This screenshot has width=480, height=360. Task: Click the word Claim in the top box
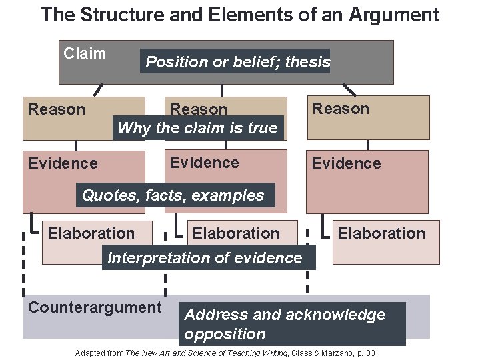pos(84,53)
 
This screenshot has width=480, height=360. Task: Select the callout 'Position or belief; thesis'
pos(238,62)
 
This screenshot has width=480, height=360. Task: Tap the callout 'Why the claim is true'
pos(197,127)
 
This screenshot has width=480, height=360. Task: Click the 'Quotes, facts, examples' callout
pos(173,195)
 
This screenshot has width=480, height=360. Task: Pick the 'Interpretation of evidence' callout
pos(205,257)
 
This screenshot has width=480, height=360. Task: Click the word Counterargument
pos(95,307)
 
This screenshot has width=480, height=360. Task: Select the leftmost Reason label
pos(57,109)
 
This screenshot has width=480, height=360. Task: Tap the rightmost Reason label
pos(341,109)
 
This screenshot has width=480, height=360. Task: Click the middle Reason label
pos(199,109)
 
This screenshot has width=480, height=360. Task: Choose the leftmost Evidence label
pos(63,163)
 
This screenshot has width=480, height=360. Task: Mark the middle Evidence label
pos(204,163)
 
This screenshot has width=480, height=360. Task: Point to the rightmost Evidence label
pos(346,163)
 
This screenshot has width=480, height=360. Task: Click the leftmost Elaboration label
pos(91,233)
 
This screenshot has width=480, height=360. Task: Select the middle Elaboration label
pos(235,233)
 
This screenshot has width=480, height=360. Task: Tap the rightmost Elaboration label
pos(381,233)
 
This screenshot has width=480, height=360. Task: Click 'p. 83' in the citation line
pos(367,352)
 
